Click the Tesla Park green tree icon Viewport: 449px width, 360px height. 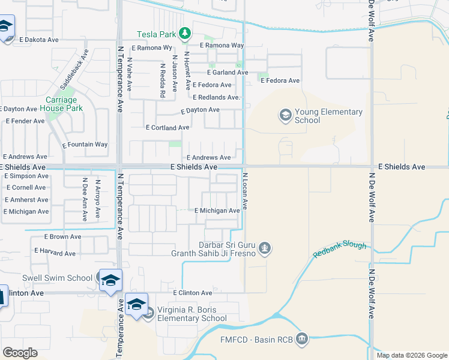[x=186, y=32]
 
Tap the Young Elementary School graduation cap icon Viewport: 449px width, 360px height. [x=285, y=114]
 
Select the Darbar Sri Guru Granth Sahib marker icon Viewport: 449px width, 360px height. [x=264, y=247]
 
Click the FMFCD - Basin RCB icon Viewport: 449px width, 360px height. [x=302, y=340]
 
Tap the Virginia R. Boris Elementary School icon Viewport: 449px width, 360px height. [x=149, y=312]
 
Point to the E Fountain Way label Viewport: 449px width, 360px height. [x=85, y=145]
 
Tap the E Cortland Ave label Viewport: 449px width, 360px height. [x=167, y=127]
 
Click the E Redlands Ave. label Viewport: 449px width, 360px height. [x=216, y=97]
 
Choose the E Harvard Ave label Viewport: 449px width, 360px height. [x=55, y=253]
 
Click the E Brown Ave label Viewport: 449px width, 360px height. [x=62, y=237]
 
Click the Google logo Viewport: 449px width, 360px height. [x=20, y=353]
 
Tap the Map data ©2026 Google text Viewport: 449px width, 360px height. [x=412, y=355]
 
